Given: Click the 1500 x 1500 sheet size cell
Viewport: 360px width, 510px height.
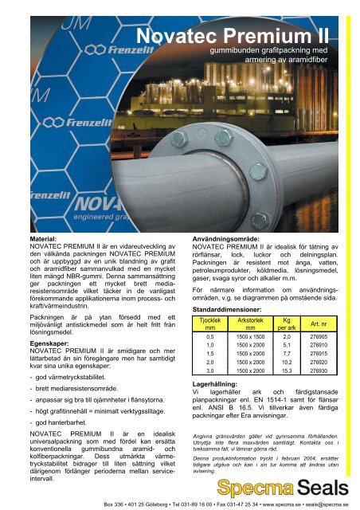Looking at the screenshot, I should coord(251,337).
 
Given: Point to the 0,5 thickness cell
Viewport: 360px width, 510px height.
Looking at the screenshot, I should coord(210,337).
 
